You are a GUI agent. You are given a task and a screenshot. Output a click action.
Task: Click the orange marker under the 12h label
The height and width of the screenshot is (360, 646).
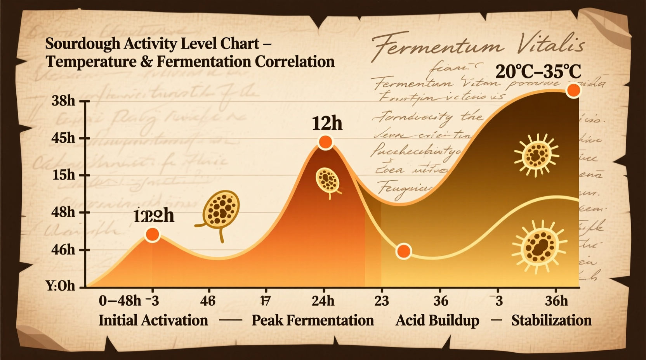325,142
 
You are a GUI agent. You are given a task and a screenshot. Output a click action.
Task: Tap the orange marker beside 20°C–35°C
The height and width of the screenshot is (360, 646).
573,90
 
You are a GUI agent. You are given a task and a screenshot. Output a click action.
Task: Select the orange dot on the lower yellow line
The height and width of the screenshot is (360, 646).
404,251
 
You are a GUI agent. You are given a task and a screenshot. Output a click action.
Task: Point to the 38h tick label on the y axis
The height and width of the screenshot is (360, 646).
63,101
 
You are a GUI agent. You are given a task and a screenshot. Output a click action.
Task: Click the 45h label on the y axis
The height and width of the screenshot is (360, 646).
63,138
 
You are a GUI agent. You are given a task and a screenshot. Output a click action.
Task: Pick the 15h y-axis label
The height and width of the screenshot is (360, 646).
64,175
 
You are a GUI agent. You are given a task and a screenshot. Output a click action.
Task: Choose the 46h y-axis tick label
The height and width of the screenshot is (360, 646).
63,249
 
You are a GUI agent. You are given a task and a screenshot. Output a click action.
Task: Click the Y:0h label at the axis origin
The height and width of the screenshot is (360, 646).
60,286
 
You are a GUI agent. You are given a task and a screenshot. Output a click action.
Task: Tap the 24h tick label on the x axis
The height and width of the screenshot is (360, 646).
323,301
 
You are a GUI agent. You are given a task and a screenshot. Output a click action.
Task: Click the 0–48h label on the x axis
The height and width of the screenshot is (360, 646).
120,301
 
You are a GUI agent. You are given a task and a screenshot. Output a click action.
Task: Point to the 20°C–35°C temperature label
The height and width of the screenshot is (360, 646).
538,72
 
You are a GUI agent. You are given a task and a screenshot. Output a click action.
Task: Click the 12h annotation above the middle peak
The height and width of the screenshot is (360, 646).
327,124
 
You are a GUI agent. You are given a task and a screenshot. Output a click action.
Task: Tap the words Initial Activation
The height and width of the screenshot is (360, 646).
153,320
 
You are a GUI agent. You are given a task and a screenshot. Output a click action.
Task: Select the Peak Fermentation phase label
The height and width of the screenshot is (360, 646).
313,320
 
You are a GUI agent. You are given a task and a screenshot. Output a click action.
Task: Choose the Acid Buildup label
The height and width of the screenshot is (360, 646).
437,320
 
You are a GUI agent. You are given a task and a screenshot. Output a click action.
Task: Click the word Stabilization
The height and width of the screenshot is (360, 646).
551,320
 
